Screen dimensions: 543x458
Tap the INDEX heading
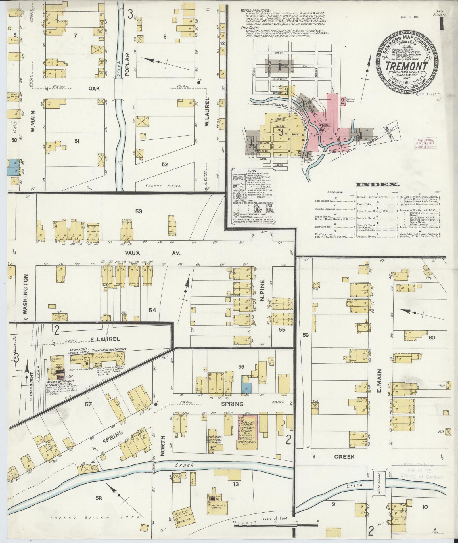pos(377,185)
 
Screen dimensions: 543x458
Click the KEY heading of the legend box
pos(252,171)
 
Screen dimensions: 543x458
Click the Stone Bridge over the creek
pos(379,482)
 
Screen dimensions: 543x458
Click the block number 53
pos(139,211)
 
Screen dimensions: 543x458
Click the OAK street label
pos(94,89)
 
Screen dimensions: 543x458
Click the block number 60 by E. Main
pos(432,337)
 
